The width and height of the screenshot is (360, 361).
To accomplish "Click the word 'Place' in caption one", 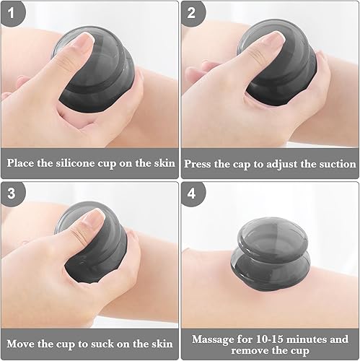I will tap(22, 164).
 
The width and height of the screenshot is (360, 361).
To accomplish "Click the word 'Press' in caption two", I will tap(200, 164).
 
